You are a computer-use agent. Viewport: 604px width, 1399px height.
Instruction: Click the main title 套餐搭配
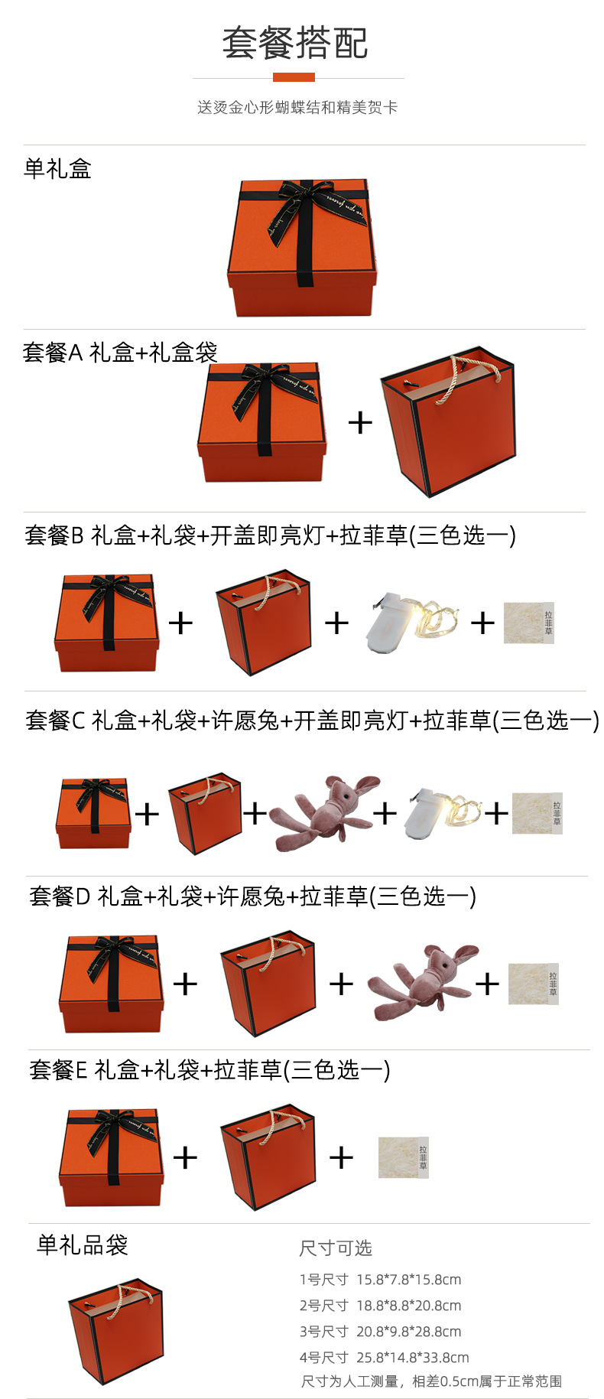pyautogui.click(x=295, y=43)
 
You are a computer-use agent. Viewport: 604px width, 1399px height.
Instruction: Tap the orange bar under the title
pyautogui.click(x=294, y=77)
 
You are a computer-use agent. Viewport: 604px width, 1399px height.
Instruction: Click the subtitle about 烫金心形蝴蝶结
pyautogui.click(x=297, y=108)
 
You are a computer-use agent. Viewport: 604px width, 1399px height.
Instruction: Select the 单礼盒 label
pyautogui.click(x=57, y=168)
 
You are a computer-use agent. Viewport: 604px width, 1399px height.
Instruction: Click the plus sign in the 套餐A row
pyautogui.click(x=360, y=422)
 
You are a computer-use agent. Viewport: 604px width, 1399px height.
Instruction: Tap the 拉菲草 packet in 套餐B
pyautogui.click(x=528, y=623)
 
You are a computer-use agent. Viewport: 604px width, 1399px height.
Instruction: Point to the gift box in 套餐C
pyautogui.click(x=93, y=813)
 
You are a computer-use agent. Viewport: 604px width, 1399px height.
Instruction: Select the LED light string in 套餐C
pyautogui.click(x=443, y=813)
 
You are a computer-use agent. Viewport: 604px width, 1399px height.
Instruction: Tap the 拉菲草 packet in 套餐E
pyautogui.click(x=403, y=1157)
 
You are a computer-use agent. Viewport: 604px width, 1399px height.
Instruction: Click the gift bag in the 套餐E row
pyautogui.click(x=268, y=1157)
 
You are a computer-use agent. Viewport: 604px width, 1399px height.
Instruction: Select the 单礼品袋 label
pyautogui.click(x=82, y=1245)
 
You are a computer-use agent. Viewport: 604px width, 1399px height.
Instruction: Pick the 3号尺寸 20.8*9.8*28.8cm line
pyautogui.click(x=380, y=1332)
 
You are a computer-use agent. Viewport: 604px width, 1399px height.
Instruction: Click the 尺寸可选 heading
pyautogui.click(x=336, y=1248)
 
